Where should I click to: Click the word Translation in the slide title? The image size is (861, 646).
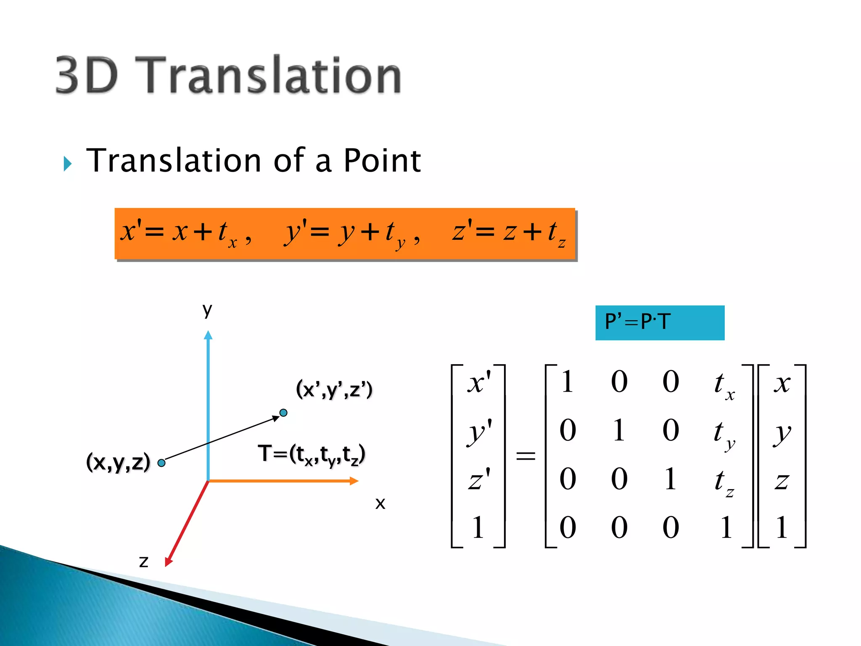pyautogui.click(x=273, y=76)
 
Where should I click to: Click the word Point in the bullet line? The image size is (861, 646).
pyautogui.click(x=382, y=161)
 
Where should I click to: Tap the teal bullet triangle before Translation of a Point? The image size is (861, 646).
pyautogui.click(x=68, y=164)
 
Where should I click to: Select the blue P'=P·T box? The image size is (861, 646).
pyautogui.click(x=659, y=323)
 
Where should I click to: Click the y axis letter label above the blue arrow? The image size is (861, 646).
pyautogui.click(x=207, y=310)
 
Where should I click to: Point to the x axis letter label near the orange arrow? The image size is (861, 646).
pyautogui.click(x=380, y=503)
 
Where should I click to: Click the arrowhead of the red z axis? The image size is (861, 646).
pyautogui.click(x=169, y=562)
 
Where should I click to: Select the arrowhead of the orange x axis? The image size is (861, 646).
pyautogui.click(x=354, y=481)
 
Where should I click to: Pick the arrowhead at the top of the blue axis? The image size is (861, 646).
pyautogui.click(x=208, y=335)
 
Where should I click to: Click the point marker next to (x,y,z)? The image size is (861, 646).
pyautogui.click(x=161, y=463)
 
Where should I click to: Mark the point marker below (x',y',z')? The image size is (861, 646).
pyautogui.click(x=283, y=413)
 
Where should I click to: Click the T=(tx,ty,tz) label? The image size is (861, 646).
pyautogui.click(x=312, y=455)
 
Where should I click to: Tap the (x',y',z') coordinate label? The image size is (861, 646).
pyautogui.click(x=334, y=389)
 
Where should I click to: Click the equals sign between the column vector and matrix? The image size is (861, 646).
pyautogui.click(x=526, y=456)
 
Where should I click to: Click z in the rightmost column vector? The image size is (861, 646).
pyautogui.click(x=782, y=481)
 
